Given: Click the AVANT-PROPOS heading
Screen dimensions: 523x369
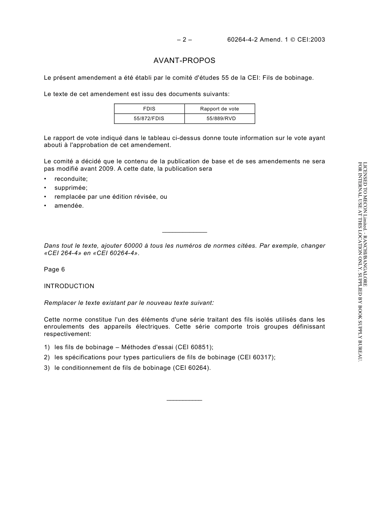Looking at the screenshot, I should click(x=184, y=61).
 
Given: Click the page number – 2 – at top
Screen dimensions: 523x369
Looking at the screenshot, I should click(x=184, y=39).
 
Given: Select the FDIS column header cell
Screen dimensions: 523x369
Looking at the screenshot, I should click(x=149, y=109).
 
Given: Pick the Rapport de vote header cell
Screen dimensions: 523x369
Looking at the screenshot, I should click(x=219, y=109).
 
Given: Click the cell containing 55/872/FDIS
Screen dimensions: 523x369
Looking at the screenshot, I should click(x=149, y=119).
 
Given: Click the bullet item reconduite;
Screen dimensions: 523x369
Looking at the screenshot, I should click(x=71, y=179).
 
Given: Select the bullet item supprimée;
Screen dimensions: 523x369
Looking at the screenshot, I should click(x=71, y=188).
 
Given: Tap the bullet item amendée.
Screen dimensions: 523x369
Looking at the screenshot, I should click(x=69, y=206).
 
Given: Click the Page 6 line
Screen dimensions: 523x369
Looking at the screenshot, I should click(x=54, y=269).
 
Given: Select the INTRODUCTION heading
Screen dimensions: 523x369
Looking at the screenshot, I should click(x=69, y=286).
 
